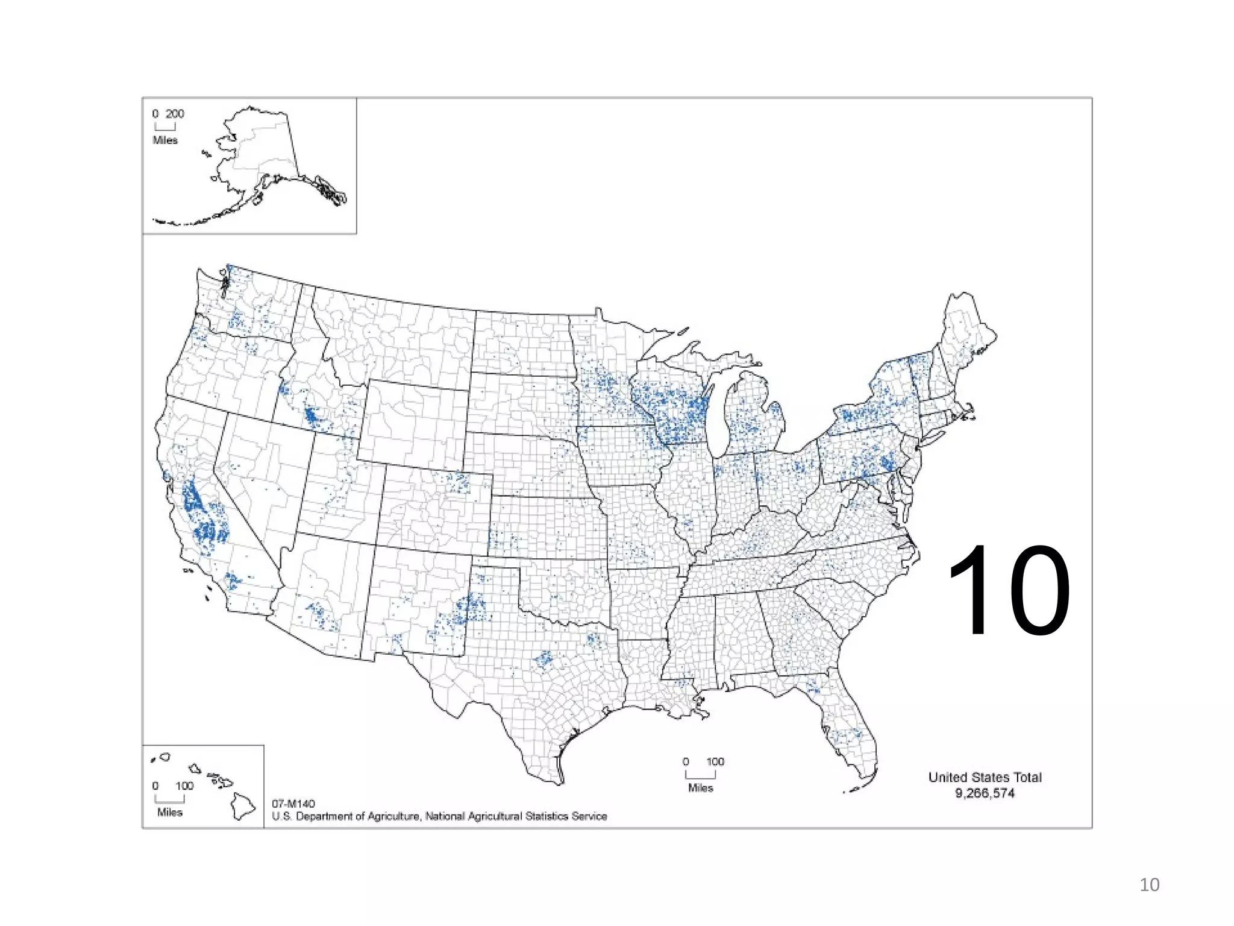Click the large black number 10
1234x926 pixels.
click(1009, 590)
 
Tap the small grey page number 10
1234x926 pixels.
click(1149, 884)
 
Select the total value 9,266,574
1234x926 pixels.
click(985, 793)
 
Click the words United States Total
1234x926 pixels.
click(985, 777)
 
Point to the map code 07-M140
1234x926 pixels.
click(293, 804)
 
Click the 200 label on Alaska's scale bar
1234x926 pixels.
click(175, 114)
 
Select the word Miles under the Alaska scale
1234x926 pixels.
click(165, 140)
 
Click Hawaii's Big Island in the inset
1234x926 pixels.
click(243, 807)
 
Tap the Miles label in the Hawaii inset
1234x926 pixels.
click(170, 813)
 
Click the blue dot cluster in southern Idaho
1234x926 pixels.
click(312, 416)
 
